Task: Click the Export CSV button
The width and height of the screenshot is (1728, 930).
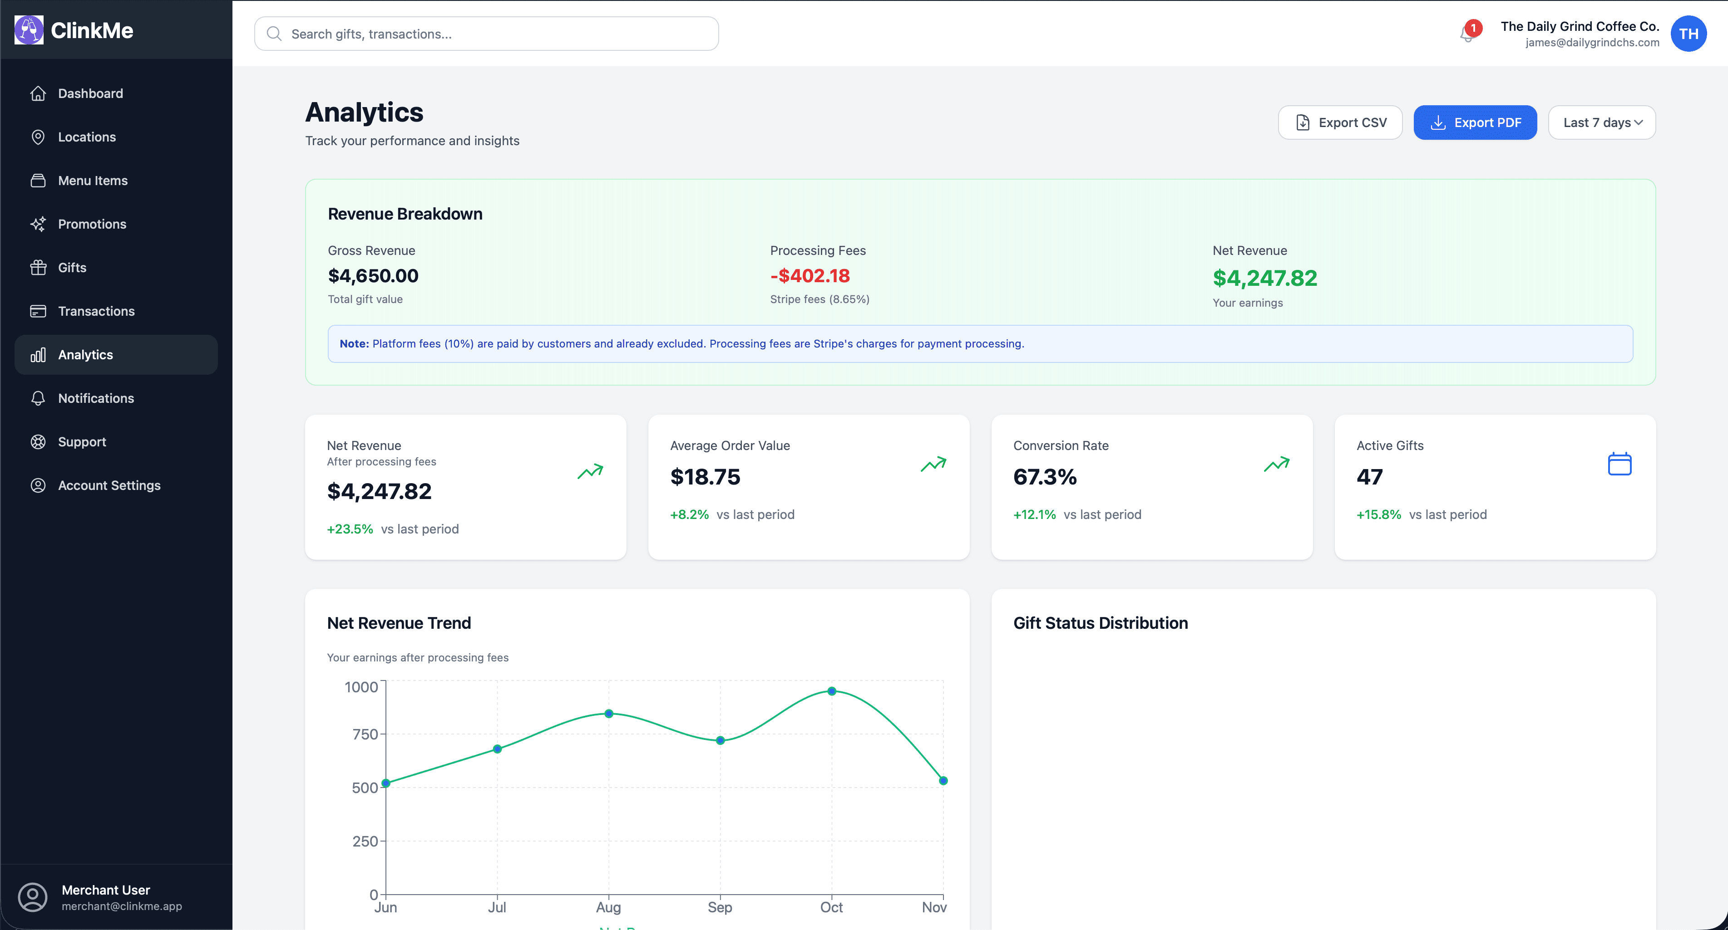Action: pos(1340,122)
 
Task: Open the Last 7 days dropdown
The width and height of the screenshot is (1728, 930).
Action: pos(1601,122)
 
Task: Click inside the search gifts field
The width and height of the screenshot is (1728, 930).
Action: pos(486,34)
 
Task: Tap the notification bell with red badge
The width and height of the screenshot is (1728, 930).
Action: pos(1467,33)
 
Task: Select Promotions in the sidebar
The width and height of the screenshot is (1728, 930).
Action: pos(92,224)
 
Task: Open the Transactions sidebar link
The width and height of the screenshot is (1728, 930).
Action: pos(96,311)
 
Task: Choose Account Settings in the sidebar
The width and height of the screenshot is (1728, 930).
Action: pos(109,485)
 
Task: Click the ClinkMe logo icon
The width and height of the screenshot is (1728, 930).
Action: pos(29,30)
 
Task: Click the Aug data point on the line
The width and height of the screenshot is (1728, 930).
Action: pos(608,714)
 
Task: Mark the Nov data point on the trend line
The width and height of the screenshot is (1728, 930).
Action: pos(943,780)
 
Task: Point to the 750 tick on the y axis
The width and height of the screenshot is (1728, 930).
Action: pos(365,734)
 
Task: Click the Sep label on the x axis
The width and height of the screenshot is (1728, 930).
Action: pos(720,907)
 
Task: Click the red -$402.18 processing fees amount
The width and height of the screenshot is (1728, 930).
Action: pos(810,275)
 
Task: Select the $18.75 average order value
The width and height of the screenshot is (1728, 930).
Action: pos(705,477)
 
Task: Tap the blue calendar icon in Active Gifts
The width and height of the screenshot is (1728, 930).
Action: pos(1619,464)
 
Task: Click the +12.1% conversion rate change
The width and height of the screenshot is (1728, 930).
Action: pos(1034,514)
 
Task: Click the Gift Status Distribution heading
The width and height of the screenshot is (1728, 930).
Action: pos(1100,623)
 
